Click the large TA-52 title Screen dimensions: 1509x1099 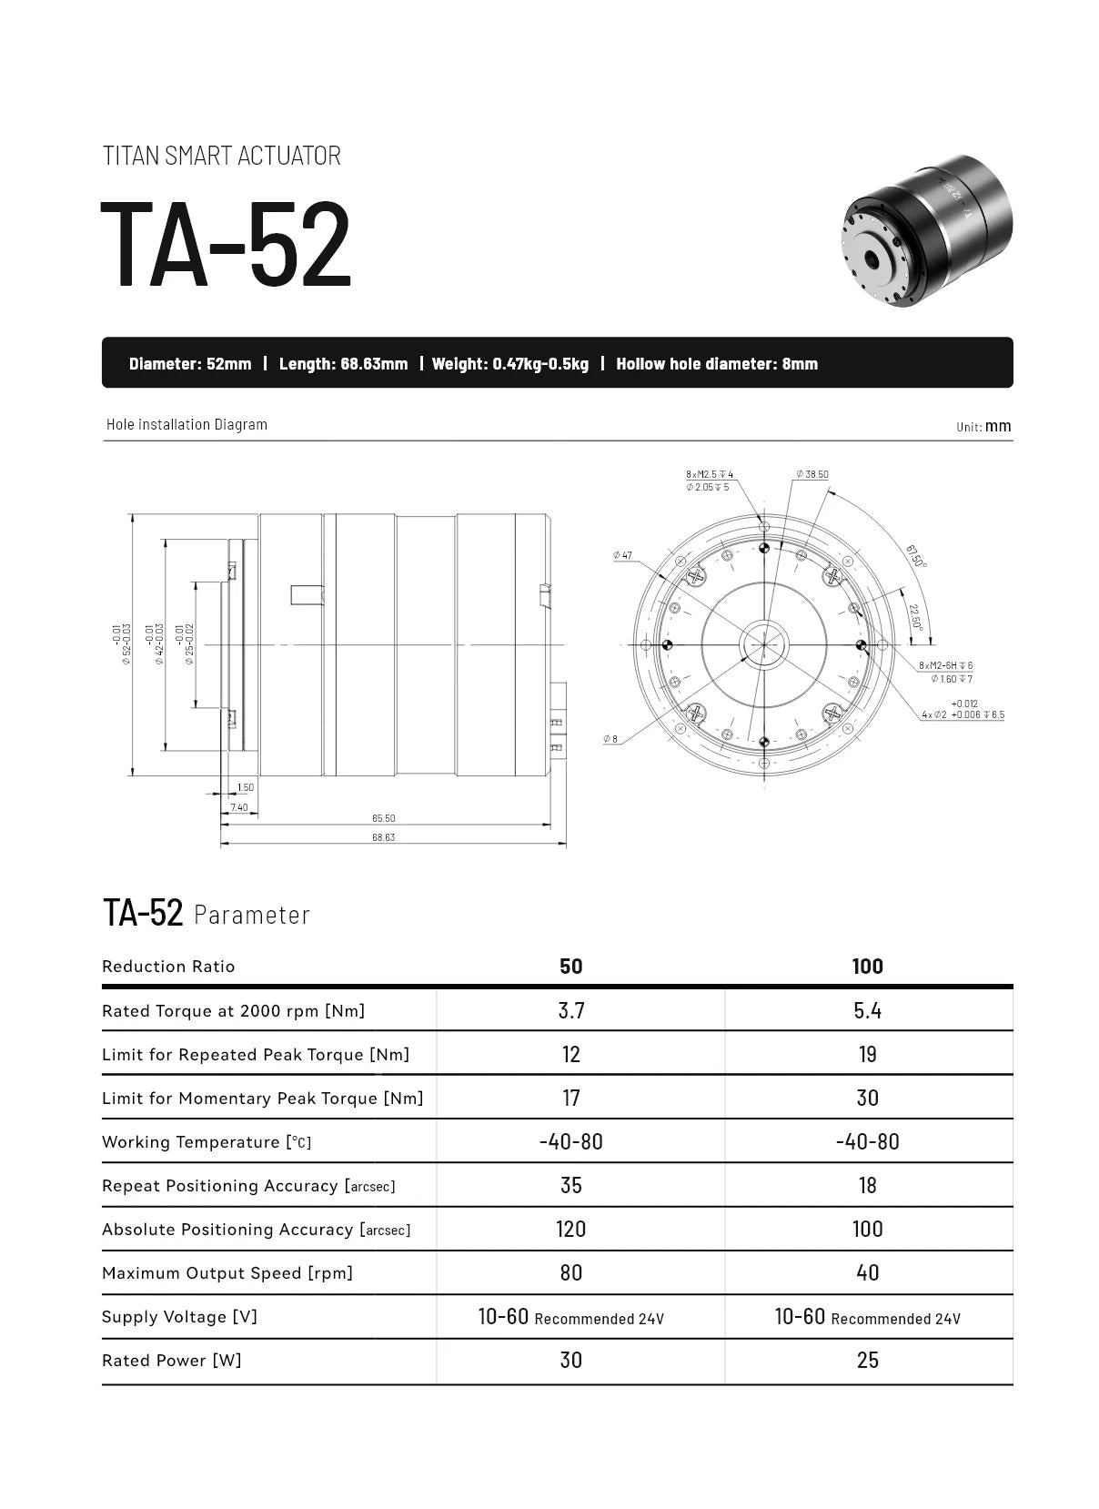(x=225, y=243)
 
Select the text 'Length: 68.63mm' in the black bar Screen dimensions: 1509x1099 (x=343, y=364)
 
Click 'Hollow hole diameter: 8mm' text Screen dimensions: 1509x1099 (x=716, y=364)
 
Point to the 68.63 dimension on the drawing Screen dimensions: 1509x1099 (x=383, y=837)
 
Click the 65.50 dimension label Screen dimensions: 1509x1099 (x=383, y=818)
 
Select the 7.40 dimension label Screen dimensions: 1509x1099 (x=239, y=807)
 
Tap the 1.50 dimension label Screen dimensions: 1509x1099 (x=245, y=787)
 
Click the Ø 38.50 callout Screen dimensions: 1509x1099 (x=812, y=474)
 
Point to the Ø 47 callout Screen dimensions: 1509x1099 (x=622, y=554)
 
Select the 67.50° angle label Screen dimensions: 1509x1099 (x=915, y=555)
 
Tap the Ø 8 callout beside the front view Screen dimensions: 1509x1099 (x=610, y=739)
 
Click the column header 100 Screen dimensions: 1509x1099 (x=867, y=967)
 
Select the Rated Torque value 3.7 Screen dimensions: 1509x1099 (x=570, y=1010)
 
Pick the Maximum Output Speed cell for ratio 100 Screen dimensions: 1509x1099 (x=867, y=1272)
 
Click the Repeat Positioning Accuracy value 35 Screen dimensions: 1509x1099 (x=570, y=1185)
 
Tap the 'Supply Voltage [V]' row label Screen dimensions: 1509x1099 (x=179, y=1317)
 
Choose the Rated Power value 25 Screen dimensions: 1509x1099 (x=867, y=1360)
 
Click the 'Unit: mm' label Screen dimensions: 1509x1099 (x=983, y=426)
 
